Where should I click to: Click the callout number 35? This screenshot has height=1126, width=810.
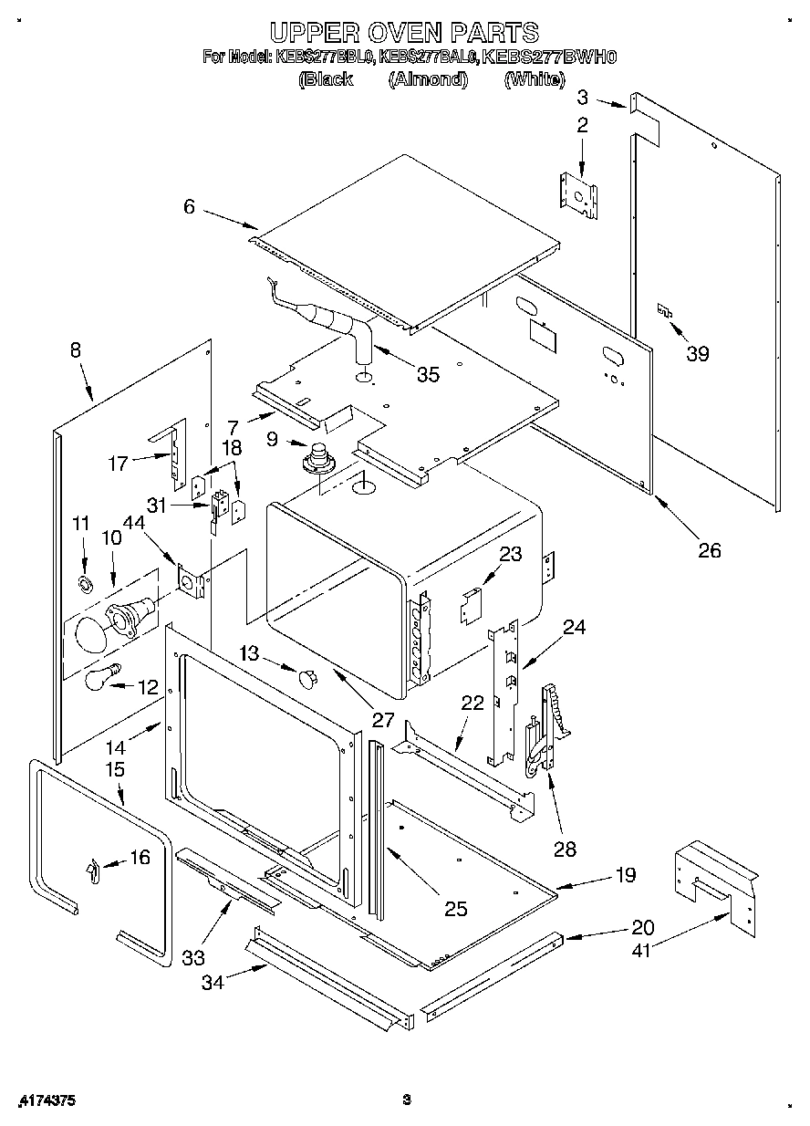(x=427, y=373)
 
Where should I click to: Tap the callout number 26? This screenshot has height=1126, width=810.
(x=709, y=549)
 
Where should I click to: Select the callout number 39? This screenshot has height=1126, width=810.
(x=697, y=354)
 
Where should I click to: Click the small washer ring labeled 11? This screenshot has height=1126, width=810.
(x=85, y=583)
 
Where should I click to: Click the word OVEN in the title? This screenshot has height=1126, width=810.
(x=402, y=33)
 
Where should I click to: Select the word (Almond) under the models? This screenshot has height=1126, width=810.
(x=428, y=79)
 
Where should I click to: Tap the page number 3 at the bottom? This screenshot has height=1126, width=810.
(x=408, y=1100)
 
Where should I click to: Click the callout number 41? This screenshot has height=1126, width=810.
(x=642, y=950)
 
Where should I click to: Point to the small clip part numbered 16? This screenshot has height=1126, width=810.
(x=91, y=871)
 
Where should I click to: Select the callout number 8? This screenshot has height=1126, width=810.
(x=74, y=349)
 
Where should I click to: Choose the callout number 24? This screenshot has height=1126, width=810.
(x=574, y=627)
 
